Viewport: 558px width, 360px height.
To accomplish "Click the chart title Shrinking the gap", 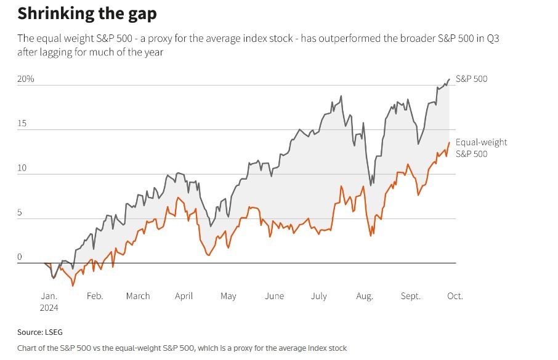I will (86, 14).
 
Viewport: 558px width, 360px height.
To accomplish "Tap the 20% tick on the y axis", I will (26, 79).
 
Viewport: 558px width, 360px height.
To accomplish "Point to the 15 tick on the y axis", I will (22, 124).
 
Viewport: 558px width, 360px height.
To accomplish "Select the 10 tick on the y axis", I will (22, 168).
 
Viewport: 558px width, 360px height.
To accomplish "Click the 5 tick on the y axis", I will (20, 213).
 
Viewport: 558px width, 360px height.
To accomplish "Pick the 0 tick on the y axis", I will (20, 257).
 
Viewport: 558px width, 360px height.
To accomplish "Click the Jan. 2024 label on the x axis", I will (49, 301).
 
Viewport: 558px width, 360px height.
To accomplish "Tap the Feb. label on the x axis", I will (94, 296).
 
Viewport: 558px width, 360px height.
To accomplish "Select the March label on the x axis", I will (138, 296).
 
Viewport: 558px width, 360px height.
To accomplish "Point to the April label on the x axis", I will (184, 296).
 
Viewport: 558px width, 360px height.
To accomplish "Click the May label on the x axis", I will (228, 296).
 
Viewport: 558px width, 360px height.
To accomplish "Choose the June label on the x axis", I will (274, 296).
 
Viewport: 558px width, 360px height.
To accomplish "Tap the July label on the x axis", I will (318, 296).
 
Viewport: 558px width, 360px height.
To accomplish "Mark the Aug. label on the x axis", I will (365, 296).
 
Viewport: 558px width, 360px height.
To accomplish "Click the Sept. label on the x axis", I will (411, 296).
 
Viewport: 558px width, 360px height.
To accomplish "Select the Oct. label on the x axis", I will (455, 296).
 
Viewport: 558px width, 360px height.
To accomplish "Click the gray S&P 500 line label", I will (472, 79).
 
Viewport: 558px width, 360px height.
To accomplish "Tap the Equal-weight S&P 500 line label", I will (481, 148).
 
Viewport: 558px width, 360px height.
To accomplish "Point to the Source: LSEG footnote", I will (39, 332).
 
